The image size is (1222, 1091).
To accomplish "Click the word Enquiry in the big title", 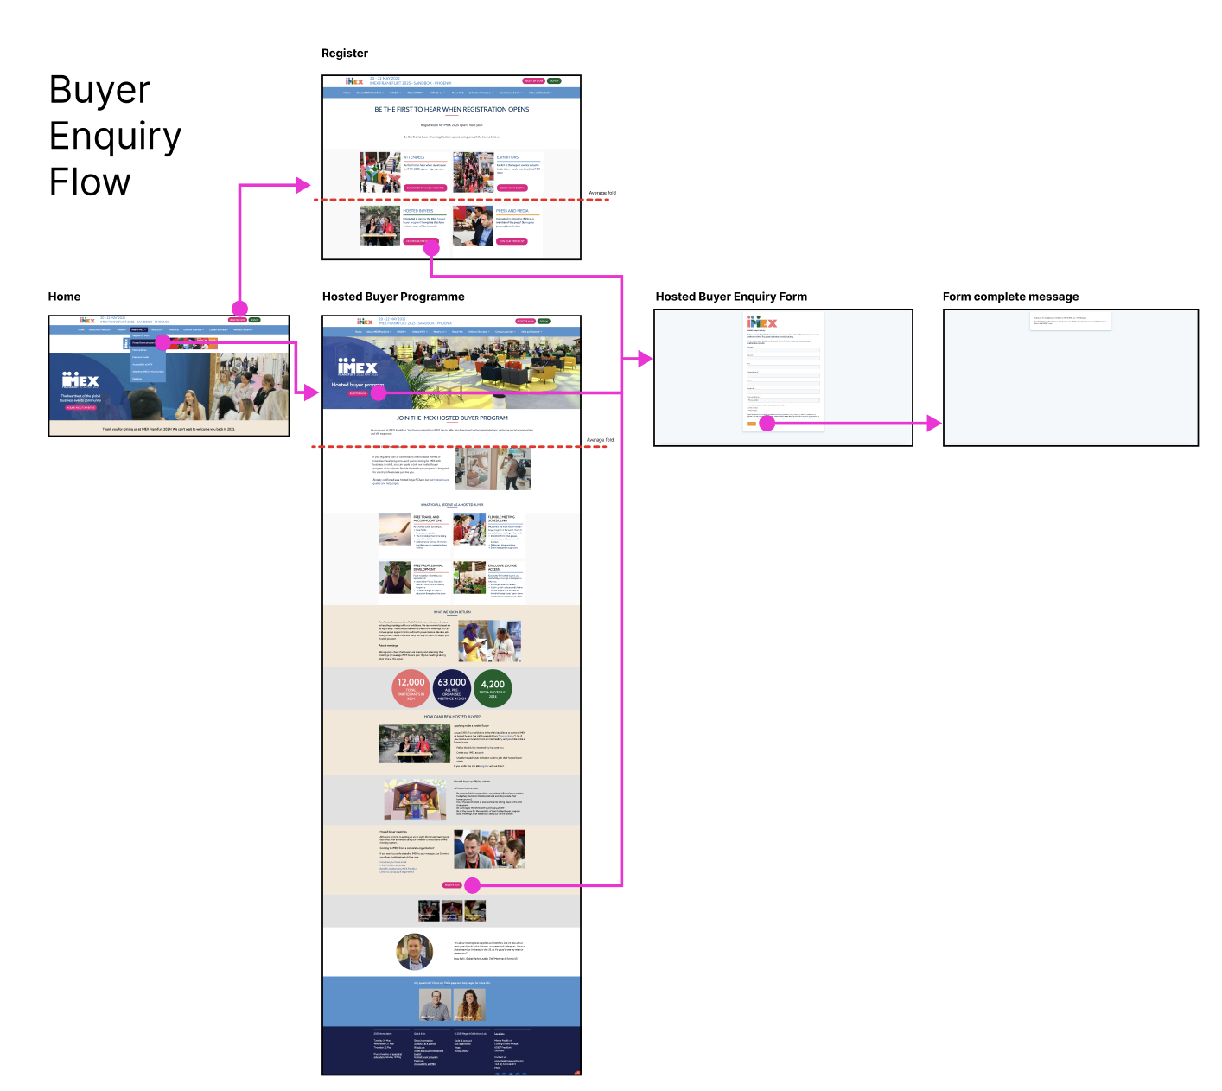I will point(115,137).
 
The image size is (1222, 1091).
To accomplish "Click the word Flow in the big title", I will point(90,182).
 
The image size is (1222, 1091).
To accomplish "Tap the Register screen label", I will point(344,54).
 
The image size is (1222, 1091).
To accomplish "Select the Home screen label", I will point(64,297).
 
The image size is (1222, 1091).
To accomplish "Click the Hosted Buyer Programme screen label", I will point(393,297).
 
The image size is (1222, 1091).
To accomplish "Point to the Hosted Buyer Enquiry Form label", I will point(731,297).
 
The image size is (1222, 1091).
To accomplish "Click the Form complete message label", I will point(1010,297).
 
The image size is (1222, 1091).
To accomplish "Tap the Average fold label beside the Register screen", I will point(602,193).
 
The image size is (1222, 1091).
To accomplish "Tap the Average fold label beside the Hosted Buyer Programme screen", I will point(600,440).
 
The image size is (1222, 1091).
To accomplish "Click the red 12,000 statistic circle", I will point(411,688).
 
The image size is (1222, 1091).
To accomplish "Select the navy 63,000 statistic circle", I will point(452,688).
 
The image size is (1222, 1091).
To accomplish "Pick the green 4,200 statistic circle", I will point(493,688).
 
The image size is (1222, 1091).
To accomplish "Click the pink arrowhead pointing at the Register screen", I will point(302,184).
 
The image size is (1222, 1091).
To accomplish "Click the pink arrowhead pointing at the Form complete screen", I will point(933,424).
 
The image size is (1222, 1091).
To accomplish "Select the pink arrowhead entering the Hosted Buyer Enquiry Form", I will point(645,359).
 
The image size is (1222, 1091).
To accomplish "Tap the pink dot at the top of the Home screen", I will point(239,309).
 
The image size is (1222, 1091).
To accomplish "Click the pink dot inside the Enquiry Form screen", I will point(767,424).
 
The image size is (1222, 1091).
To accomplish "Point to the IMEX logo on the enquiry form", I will point(761,322).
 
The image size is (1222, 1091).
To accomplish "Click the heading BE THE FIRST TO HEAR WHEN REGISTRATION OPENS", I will point(451,110).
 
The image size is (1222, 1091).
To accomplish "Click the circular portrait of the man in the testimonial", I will point(415,952).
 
